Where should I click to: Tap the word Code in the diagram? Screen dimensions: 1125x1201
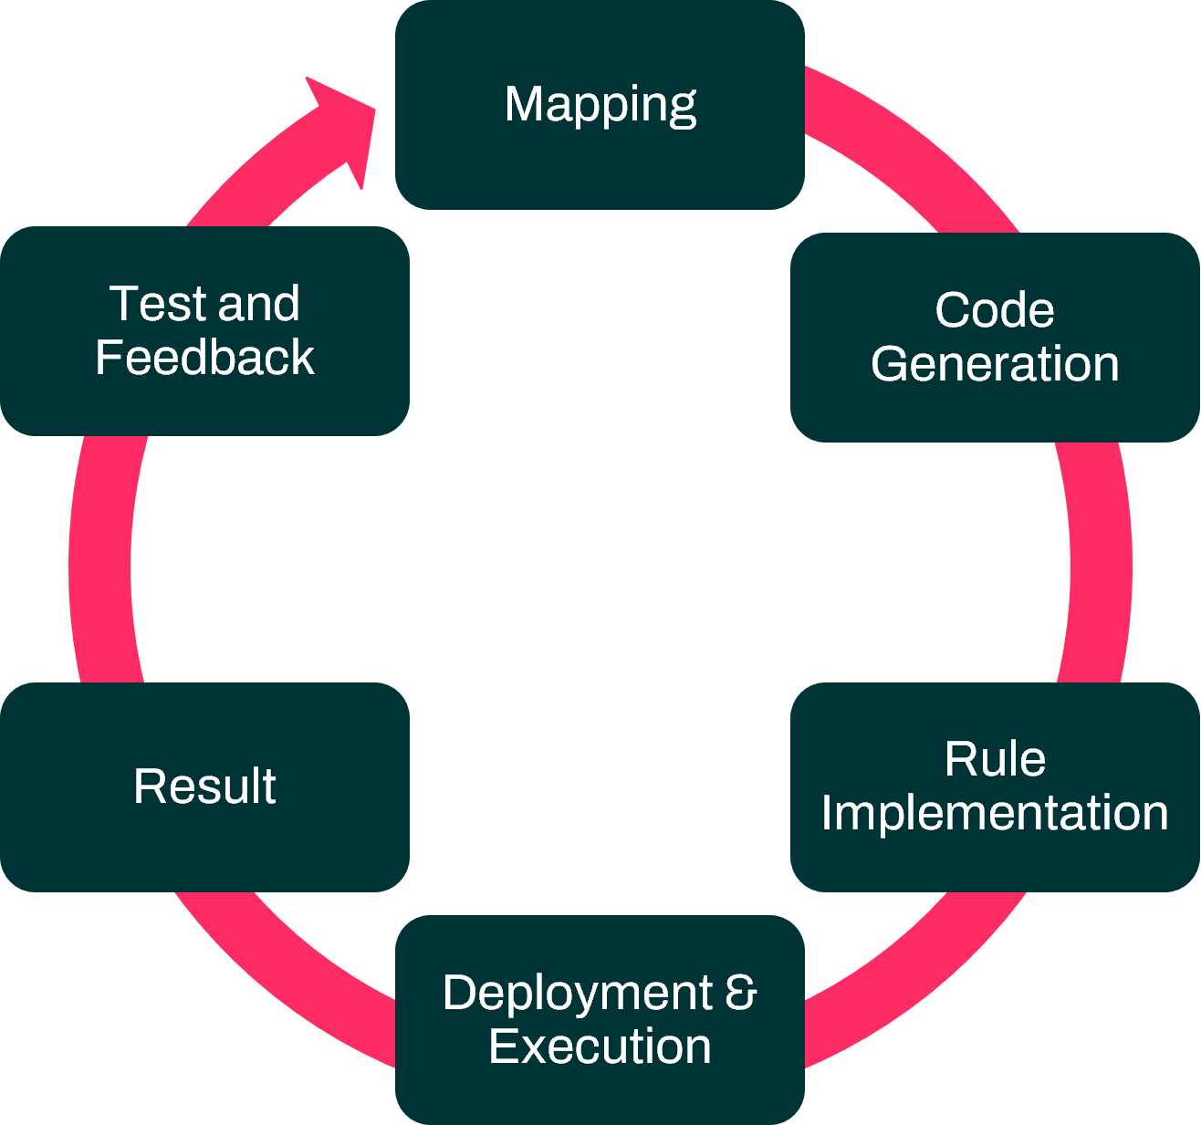click(994, 310)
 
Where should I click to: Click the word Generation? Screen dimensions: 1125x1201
click(994, 364)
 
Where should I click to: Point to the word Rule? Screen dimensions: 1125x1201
click(994, 759)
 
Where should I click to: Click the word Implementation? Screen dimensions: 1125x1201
click(994, 813)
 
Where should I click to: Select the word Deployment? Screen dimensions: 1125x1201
click(577, 993)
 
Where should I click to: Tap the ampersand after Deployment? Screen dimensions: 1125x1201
click(741, 993)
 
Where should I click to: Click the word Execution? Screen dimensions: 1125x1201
click(600, 1047)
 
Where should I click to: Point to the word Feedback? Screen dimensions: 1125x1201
click(204, 358)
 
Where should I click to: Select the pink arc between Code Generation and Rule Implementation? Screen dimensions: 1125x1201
click(1100, 561)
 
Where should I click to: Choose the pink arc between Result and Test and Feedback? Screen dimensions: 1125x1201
click(100, 561)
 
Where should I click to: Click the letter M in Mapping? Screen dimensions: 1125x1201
click(525, 105)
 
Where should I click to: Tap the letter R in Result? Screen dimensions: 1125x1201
click(148, 786)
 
